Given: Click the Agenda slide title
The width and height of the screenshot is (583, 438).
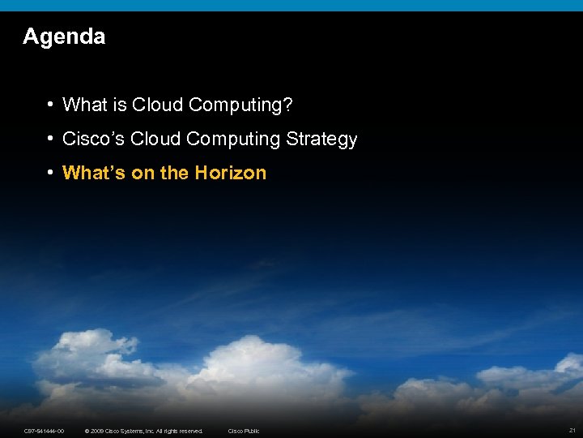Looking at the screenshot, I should point(64,36).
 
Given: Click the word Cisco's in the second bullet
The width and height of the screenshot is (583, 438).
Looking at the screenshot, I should point(90,139).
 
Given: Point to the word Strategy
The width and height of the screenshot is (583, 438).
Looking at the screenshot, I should point(321,139).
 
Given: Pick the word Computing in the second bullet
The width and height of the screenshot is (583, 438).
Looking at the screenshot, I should point(233,139).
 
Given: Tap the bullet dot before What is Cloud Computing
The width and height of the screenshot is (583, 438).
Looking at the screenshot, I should point(50,105).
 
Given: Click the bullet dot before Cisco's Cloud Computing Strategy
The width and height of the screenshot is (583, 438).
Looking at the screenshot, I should point(50,139).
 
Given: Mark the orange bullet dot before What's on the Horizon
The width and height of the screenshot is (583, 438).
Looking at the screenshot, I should point(50,173).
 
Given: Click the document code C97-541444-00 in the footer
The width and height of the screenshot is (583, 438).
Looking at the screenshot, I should point(45,431).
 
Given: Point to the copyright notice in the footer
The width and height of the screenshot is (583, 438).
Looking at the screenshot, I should point(144,431).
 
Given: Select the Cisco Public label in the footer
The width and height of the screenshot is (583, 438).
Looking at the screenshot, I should point(244,431).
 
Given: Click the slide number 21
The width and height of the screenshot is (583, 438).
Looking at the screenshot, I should point(572,430).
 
